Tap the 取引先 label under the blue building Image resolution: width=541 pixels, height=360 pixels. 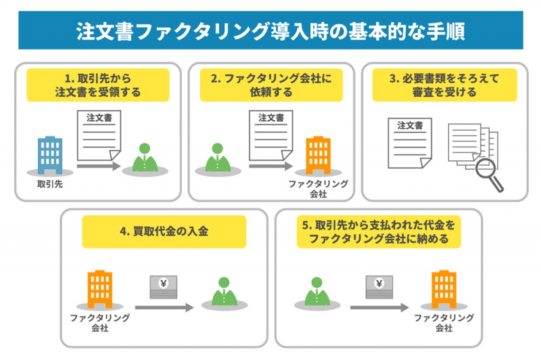[50, 184]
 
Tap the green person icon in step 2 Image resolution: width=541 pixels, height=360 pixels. [217, 159]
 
